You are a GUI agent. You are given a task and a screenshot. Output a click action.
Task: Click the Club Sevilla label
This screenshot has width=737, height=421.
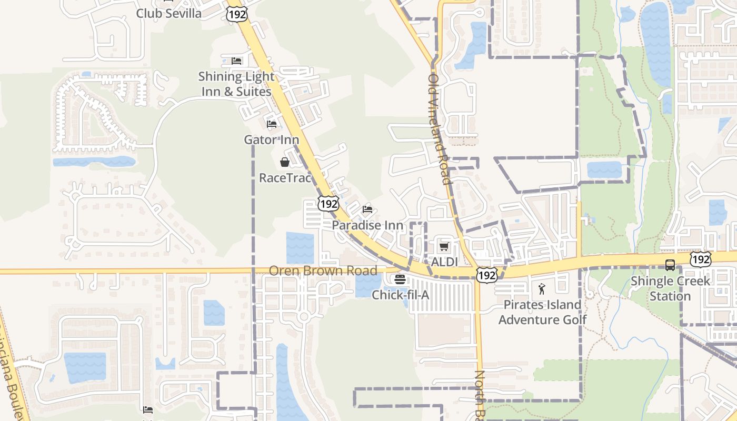click(x=168, y=14)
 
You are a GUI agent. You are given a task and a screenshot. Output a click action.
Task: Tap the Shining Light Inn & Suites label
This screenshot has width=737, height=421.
click(x=236, y=84)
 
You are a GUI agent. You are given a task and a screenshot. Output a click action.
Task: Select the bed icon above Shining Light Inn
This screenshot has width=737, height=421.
click(x=236, y=61)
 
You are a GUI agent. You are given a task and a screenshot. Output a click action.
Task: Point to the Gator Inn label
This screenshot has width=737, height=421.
click(x=271, y=140)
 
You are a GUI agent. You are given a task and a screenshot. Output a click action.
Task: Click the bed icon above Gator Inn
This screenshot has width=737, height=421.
click(x=272, y=124)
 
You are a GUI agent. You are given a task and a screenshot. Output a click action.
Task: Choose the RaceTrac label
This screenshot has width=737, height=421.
click(x=285, y=178)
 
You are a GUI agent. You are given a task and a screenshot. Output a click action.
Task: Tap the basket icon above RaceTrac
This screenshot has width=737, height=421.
click(x=285, y=162)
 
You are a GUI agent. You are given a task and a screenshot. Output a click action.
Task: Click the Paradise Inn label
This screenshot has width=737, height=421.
click(x=367, y=225)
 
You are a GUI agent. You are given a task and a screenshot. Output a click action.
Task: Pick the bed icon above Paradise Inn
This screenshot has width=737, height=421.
click(x=367, y=209)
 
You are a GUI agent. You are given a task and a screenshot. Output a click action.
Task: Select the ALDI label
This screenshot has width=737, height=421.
click(x=444, y=262)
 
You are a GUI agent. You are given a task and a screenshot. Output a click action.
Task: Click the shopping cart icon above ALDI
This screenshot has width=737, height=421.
click(x=444, y=246)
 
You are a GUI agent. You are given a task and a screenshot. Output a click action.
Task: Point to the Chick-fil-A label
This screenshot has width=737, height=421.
click(x=400, y=295)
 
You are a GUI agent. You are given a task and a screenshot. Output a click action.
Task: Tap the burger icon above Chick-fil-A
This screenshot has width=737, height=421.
click(x=400, y=279)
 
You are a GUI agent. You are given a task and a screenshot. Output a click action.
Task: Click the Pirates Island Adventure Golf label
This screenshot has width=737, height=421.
click(x=542, y=312)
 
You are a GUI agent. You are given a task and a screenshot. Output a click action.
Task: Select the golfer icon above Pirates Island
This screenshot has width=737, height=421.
click(x=542, y=289)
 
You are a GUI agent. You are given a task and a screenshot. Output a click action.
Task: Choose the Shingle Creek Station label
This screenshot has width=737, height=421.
click(x=670, y=288)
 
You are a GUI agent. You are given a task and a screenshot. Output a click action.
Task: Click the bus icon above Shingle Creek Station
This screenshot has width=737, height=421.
click(x=670, y=265)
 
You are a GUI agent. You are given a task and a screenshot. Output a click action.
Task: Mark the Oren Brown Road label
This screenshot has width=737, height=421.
click(x=323, y=271)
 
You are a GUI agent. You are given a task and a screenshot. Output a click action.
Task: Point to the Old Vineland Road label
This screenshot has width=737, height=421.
click(x=440, y=129)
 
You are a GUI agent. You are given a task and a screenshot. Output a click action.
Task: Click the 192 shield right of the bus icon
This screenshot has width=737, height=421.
click(x=702, y=258)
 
